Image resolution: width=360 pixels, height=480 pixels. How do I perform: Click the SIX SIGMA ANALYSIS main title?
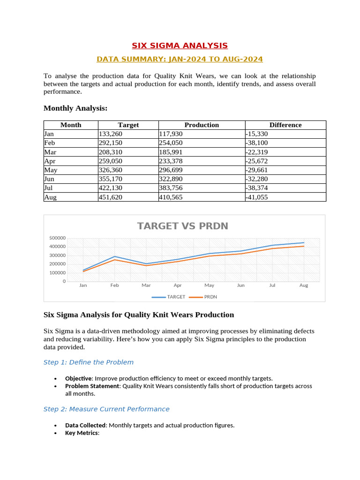point(180,45)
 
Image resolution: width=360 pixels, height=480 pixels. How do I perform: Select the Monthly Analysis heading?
point(75,108)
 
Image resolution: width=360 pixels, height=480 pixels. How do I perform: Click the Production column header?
point(202,125)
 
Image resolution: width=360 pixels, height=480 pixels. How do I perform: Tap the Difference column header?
point(285,125)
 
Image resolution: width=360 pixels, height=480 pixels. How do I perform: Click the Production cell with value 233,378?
point(171,161)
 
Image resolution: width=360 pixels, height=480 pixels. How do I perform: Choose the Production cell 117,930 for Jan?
point(171,134)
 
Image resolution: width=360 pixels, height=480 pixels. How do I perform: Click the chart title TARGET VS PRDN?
point(182,226)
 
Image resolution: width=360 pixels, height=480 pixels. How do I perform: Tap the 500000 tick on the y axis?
point(57,238)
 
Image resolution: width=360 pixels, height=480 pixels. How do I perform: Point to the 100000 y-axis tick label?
point(57,273)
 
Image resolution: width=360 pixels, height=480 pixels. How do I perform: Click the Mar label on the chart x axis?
point(146,285)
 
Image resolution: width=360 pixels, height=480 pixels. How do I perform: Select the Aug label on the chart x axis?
point(304,285)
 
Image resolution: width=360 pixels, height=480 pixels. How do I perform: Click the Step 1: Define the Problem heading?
point(89,362)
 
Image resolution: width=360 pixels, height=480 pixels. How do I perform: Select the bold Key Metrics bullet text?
point(82,433)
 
